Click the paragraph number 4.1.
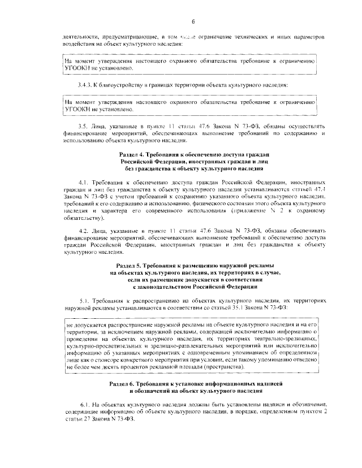pyautogui.click(x=85, y=183)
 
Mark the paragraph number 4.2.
pyautogui.click(x=85, y=232)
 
